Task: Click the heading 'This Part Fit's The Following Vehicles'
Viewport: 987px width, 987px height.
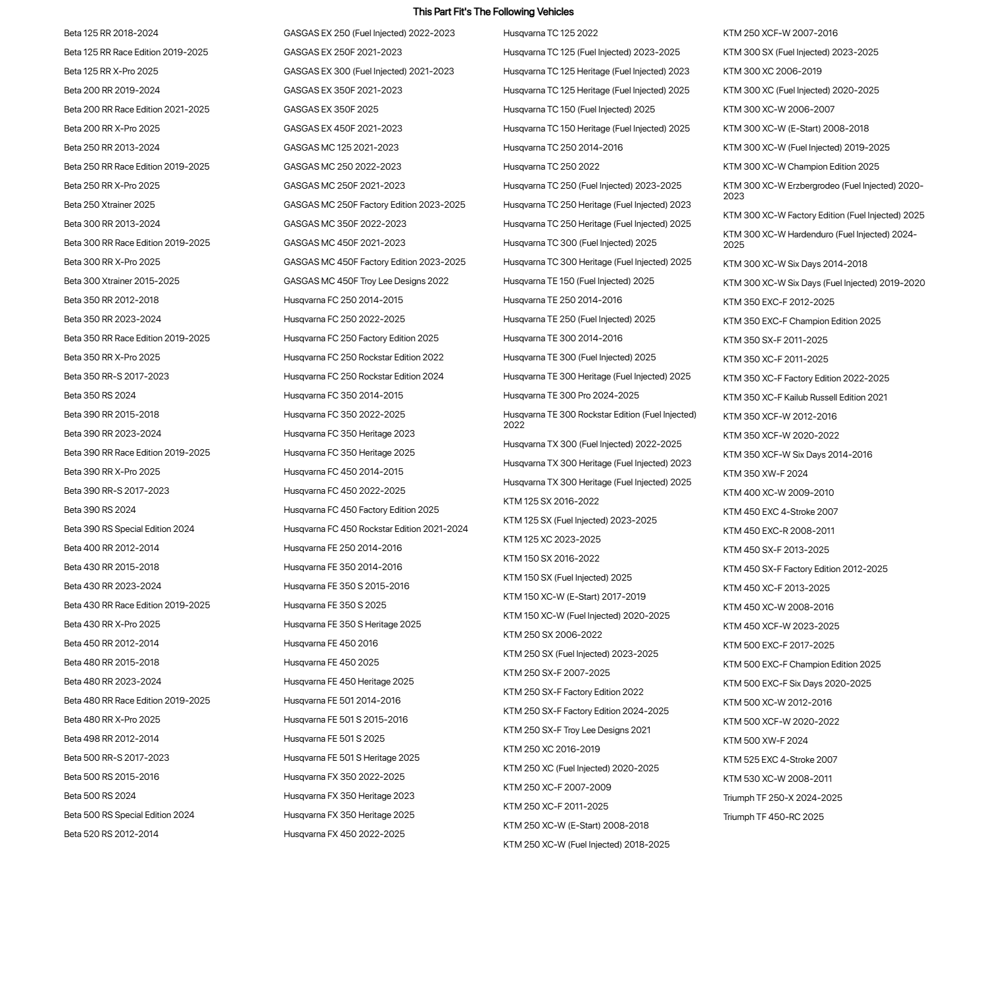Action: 493,12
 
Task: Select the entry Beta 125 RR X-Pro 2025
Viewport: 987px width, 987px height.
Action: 111,71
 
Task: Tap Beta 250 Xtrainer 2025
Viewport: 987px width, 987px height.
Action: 109,205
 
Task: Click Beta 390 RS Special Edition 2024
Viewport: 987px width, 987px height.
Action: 129,529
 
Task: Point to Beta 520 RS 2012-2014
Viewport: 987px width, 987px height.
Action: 111,834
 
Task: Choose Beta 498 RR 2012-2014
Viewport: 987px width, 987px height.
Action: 111,738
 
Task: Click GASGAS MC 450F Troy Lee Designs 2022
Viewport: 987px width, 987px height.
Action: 366,281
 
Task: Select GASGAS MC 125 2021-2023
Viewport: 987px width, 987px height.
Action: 341,147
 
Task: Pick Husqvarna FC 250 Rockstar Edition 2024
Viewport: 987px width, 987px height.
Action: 363,376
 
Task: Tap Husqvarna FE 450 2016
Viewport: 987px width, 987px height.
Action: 331,643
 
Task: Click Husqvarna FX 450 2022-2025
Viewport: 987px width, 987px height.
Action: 344,834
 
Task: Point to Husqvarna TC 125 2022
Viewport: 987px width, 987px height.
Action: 550,33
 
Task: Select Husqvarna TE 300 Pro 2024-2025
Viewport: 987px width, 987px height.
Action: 571,395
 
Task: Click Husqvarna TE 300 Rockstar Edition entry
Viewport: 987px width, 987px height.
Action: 599,420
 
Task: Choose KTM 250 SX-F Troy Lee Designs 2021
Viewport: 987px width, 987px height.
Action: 577,730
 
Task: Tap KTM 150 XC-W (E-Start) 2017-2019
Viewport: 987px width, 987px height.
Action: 574,596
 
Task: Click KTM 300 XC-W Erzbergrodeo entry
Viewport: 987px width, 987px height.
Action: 823,191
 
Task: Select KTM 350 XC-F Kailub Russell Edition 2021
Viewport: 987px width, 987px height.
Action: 805,397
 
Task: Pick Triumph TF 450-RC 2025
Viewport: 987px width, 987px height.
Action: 773,817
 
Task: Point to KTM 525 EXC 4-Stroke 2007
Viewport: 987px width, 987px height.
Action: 780,759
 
